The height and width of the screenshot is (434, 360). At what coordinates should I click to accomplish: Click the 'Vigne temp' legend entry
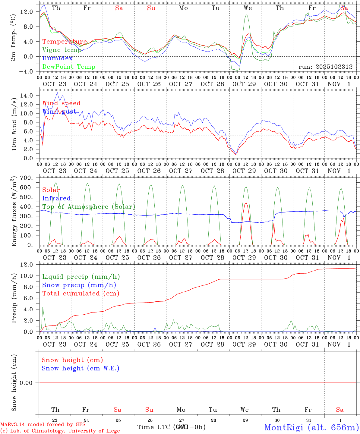click(62, 50)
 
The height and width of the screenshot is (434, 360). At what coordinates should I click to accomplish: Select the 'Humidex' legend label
click(57, 58)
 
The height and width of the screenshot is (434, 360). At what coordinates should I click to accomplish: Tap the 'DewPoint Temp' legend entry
click(69, 67)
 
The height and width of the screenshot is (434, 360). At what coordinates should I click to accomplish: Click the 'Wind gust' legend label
click(59, 112)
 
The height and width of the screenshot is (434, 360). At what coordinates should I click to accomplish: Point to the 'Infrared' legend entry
click(56, 198)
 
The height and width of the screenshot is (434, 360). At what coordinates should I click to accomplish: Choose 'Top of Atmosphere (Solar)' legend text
click(88, 207)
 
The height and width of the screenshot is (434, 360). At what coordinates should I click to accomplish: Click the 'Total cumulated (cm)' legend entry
click(81, 294)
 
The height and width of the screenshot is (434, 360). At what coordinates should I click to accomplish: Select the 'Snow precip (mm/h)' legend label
click(79, 285)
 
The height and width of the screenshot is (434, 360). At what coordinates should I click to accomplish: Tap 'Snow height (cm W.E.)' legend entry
click(81, 368)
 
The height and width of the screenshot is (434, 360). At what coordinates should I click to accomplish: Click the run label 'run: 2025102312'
click(325, 67)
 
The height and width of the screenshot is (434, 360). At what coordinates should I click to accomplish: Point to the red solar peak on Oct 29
click(246, 203)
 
